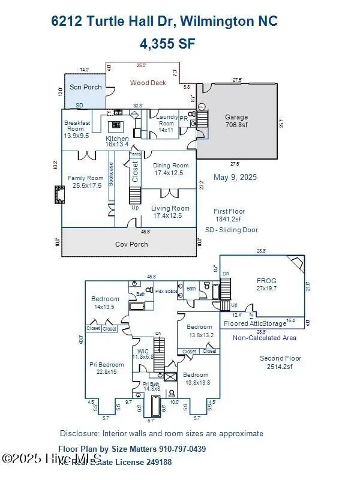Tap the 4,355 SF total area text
(168, 43)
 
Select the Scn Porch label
(85, 87)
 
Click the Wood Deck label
(148, 83)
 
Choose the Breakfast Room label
(77, 129)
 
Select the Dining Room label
(171, 169)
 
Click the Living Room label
(171, 212)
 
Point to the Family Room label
(85, 182)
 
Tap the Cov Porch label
(131, 244)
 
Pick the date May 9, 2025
(234, 178)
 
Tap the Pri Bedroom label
(107, 368)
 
